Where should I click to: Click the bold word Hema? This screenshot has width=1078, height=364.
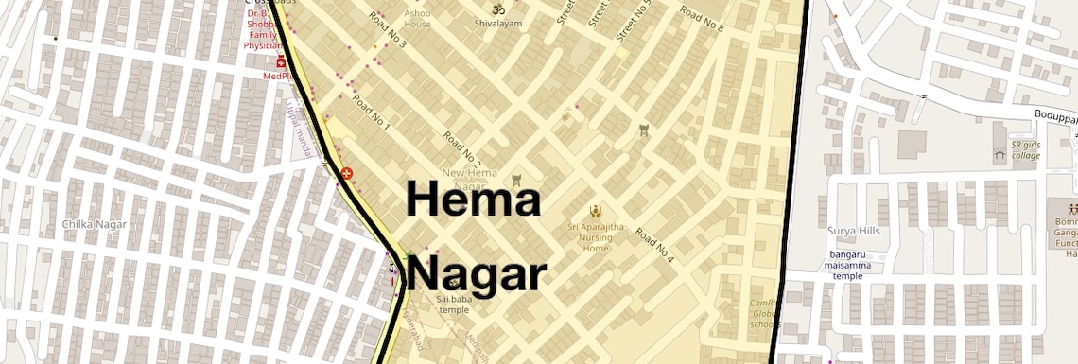[473, 200]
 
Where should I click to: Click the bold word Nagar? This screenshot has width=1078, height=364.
[478, 275]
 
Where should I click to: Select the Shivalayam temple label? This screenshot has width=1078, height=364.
[498, 23]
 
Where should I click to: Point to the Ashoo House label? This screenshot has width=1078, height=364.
[417, 19]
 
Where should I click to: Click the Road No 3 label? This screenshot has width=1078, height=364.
[388, 32]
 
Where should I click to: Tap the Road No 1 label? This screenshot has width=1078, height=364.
[371, 111]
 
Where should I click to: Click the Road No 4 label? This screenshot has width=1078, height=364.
[654, 245]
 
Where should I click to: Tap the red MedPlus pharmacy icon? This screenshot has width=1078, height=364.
[280, 61]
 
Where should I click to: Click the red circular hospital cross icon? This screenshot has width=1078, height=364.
[347, 174]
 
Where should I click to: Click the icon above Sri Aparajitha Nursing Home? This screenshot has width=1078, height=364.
[595, 210]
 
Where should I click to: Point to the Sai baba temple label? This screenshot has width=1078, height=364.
[454, 303]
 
